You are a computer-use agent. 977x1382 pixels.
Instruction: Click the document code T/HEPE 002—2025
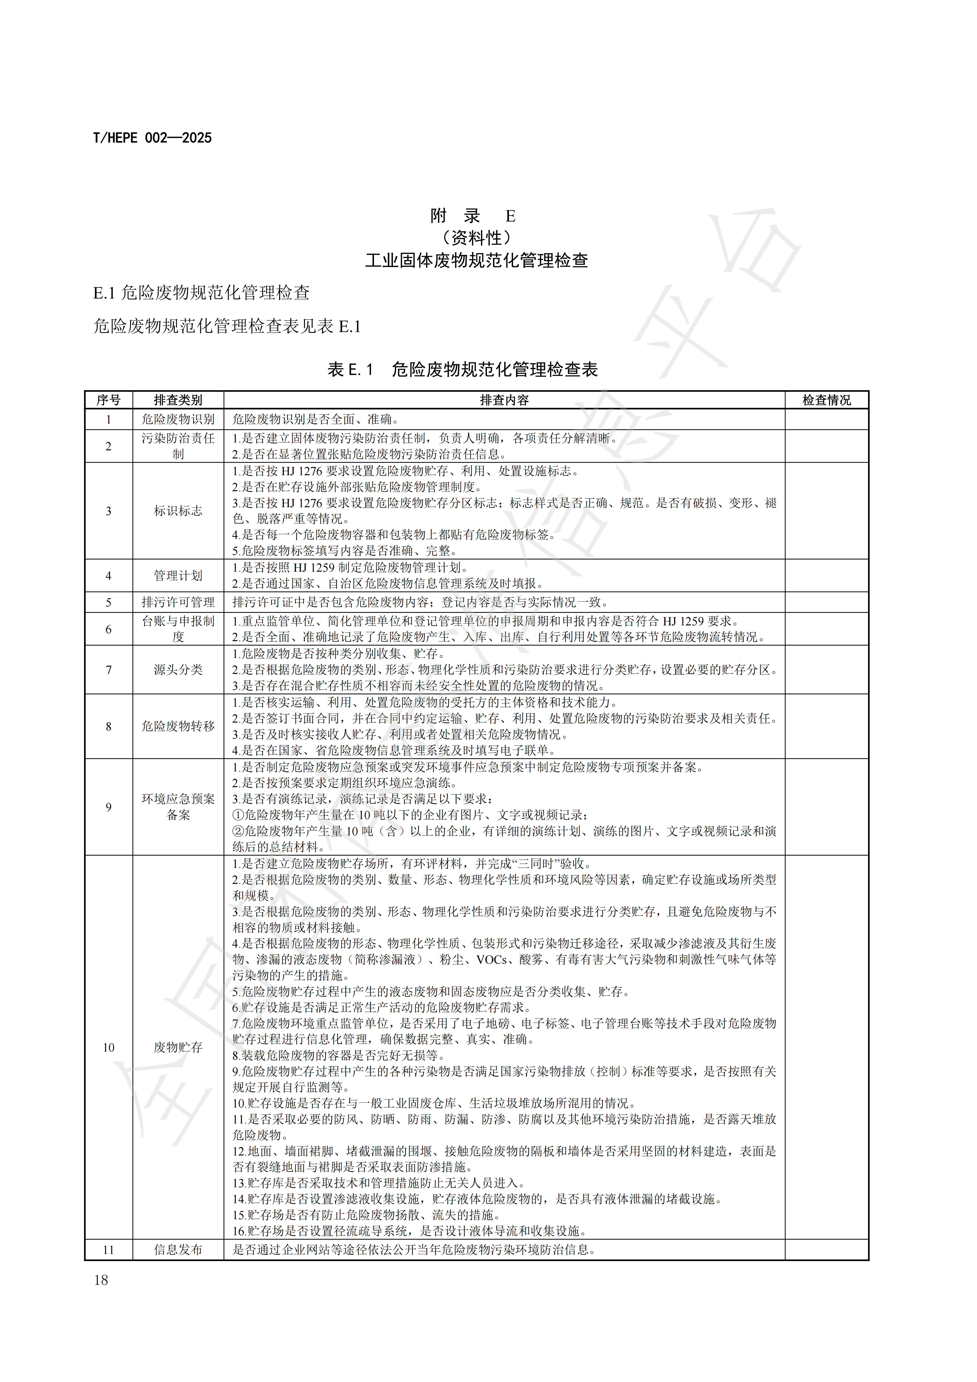point(152,138)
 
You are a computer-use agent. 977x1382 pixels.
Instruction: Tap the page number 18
point(101,1280)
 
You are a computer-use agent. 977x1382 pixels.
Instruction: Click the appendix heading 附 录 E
point(473,215)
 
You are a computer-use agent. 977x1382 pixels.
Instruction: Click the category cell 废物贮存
point(178,1047)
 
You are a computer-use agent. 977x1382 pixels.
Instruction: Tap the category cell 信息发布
point(178,1250)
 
